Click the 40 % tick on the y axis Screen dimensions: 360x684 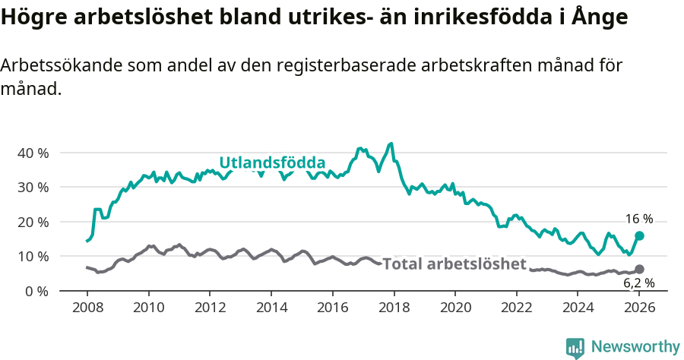(32, 153)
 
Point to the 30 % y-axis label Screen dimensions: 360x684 (32, 187)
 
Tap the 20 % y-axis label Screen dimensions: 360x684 (32, 222)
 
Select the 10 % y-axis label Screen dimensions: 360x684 (32, 256)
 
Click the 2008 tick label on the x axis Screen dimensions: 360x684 (87, 308)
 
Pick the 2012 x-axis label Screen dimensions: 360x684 (210, 308)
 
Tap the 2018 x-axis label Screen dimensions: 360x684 (394, 308)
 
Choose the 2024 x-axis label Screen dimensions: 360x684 (578, 308)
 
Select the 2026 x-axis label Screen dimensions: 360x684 (639, 308)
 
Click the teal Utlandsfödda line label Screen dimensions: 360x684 (272, 163)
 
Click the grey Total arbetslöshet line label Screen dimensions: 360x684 (454, 264)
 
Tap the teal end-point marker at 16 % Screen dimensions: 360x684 (639, 235)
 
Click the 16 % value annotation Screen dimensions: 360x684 (639, 219)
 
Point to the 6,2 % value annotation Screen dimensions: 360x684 (639, 283)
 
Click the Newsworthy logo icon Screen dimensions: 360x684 (575, 347)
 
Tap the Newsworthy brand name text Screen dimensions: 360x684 (635, 347)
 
